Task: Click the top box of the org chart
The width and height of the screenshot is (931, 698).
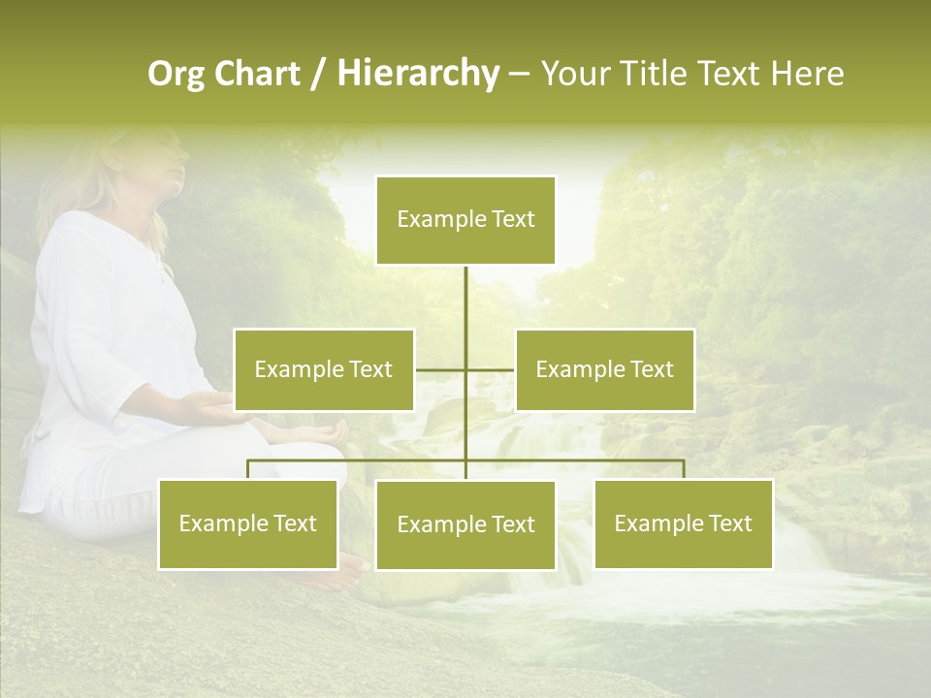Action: pos(465,220)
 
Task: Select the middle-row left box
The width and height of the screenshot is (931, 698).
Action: pos(324,369)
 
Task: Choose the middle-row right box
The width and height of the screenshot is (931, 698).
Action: pos(604,369)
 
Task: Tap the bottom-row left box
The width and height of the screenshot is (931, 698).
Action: pos(248,523)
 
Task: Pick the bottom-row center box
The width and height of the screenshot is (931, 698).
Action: pos(465,524)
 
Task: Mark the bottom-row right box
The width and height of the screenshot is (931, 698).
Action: pos(683,523)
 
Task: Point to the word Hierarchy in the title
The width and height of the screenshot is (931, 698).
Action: pos(417,74)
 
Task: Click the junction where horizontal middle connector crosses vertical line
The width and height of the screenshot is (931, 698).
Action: pos(465,369)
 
